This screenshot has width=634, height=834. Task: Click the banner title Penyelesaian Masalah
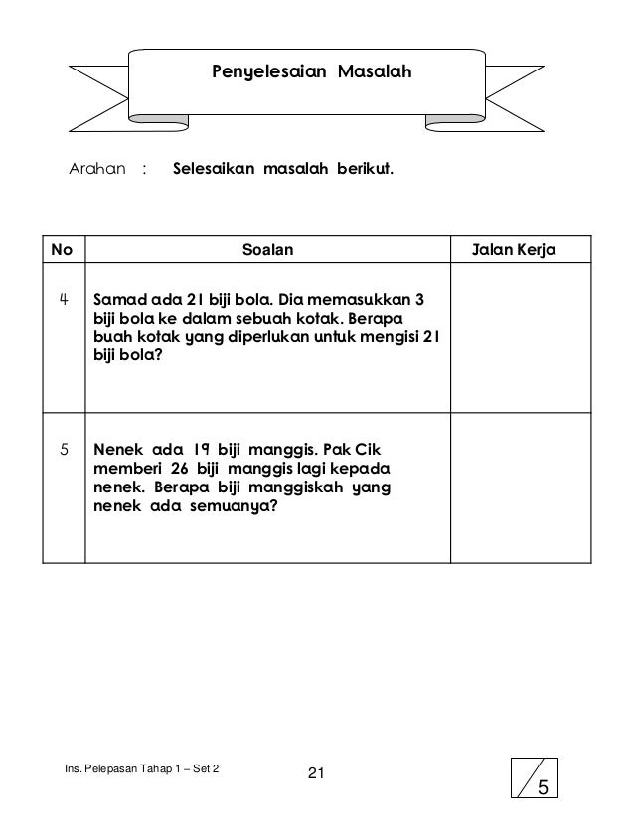pyautogui.click(x=312, y=71)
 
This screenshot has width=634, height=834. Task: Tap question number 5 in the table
pyautogui.click(x=63, y=448)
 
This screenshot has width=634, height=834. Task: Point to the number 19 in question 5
pyautogui.click(x=198, y=448)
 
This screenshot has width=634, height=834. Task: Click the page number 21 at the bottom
pyautogui.click(x=317, y=774)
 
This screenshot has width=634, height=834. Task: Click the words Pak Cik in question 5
pyautogui.click(x=363, y=448)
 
